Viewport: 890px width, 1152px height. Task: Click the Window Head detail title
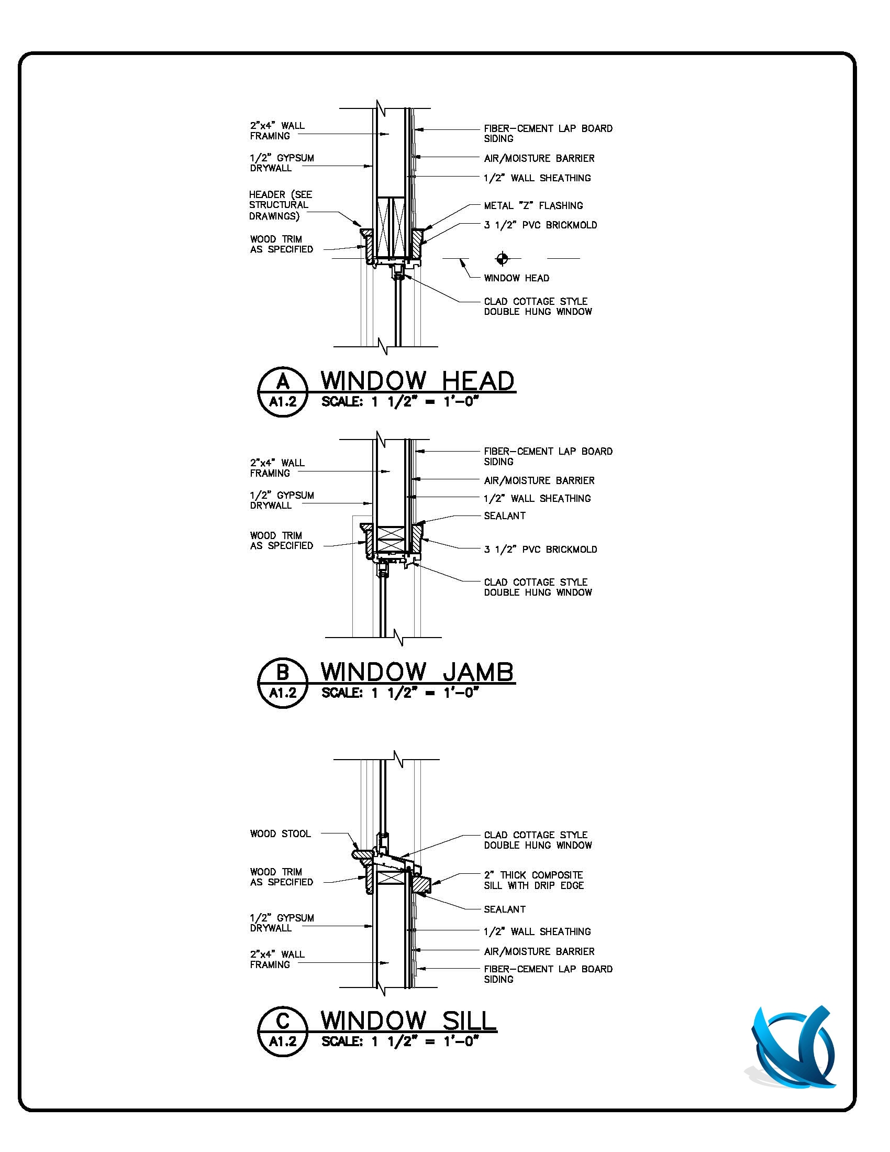[418, 381]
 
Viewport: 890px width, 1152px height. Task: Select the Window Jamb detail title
[417, 672]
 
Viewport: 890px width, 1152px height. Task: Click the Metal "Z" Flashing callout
[533, 205]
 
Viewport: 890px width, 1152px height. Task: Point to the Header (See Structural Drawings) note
[281, 205]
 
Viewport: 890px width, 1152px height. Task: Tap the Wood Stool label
[281, 834]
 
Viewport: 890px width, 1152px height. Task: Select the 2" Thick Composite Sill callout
[533, 880]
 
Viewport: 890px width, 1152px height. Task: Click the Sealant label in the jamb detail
[505, 516]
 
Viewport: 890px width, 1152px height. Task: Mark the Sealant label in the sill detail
[505, 909]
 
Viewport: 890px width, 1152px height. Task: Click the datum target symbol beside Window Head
[502, 258]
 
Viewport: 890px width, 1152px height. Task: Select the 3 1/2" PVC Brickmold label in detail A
[540, 225]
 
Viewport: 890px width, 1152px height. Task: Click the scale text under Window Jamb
[399, 693]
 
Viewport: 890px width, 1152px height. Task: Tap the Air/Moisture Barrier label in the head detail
[539, 158]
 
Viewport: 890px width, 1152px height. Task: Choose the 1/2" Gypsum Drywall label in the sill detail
[282, 923]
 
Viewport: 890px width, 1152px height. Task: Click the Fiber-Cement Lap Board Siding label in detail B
[548, 456]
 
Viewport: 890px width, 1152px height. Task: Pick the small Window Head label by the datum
[517, 278]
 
